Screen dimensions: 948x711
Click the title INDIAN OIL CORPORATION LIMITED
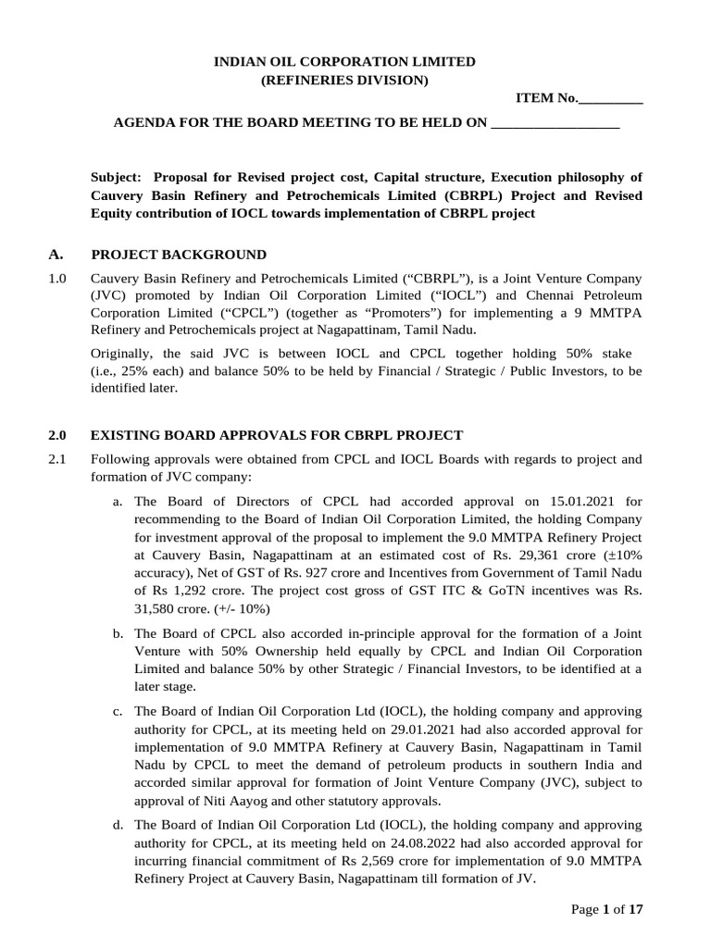(345, 61)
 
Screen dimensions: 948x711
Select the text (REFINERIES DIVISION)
(345, 81)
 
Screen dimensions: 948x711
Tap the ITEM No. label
(547, 100)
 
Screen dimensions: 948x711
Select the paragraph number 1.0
(56, 279)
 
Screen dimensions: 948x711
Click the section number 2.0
(56, 435)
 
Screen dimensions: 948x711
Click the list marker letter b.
(117, 634)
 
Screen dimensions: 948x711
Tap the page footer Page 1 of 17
(606, 909)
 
